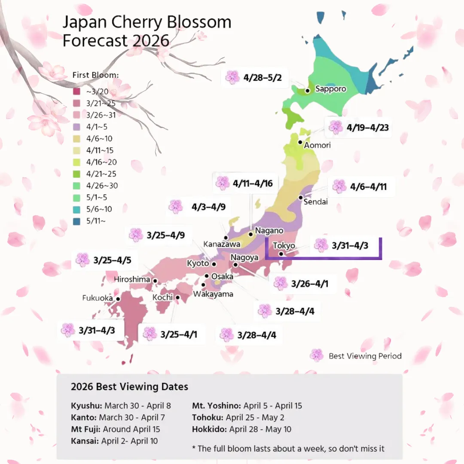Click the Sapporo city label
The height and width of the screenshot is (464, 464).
pyautogui.click(x=330, y=89)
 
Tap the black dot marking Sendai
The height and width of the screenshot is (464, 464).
pyautogui.click(x=301, y=198)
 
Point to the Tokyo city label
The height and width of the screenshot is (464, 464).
pyautogui.click(x=284, y=246)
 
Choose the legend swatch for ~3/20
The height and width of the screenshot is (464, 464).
pyautogui.click(x=76, y=92)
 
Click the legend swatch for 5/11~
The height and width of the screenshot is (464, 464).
pyautogui.click(x=76, y=221)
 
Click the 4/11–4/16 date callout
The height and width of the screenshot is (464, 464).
pyautogui.click(x=253, y=183)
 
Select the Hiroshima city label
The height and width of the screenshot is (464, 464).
pyautogui.click(x=132, y=280)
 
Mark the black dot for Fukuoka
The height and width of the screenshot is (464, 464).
pyautogui.click(x=118, y=299)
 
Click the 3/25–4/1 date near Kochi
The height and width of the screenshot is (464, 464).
pyautogui.click(x=179, y=334)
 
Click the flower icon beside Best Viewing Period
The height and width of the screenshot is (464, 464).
pyautogui.click(x=317, y=355)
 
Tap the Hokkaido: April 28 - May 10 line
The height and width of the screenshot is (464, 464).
pyautogui.click(x=247, y=429)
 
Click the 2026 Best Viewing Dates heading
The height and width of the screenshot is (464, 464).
pyautogui.click(x=129, y=387)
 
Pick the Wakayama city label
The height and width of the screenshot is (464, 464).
pyautogui.click(x=213, y=294)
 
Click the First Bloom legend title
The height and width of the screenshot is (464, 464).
pyautogui.click(x=95, y=75)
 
